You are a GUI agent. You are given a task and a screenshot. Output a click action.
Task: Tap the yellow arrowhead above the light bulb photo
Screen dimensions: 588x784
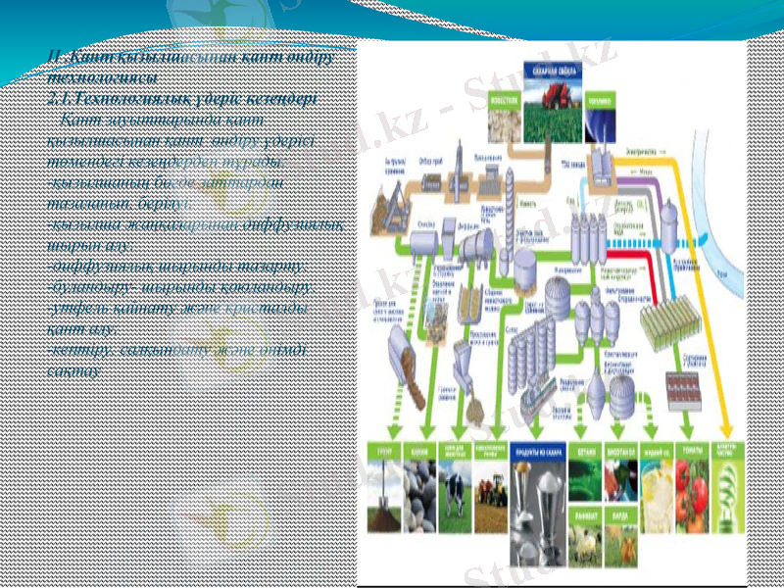point(726,430)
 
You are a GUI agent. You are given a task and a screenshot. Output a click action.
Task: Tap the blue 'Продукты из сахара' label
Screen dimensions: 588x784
point(545,452)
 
